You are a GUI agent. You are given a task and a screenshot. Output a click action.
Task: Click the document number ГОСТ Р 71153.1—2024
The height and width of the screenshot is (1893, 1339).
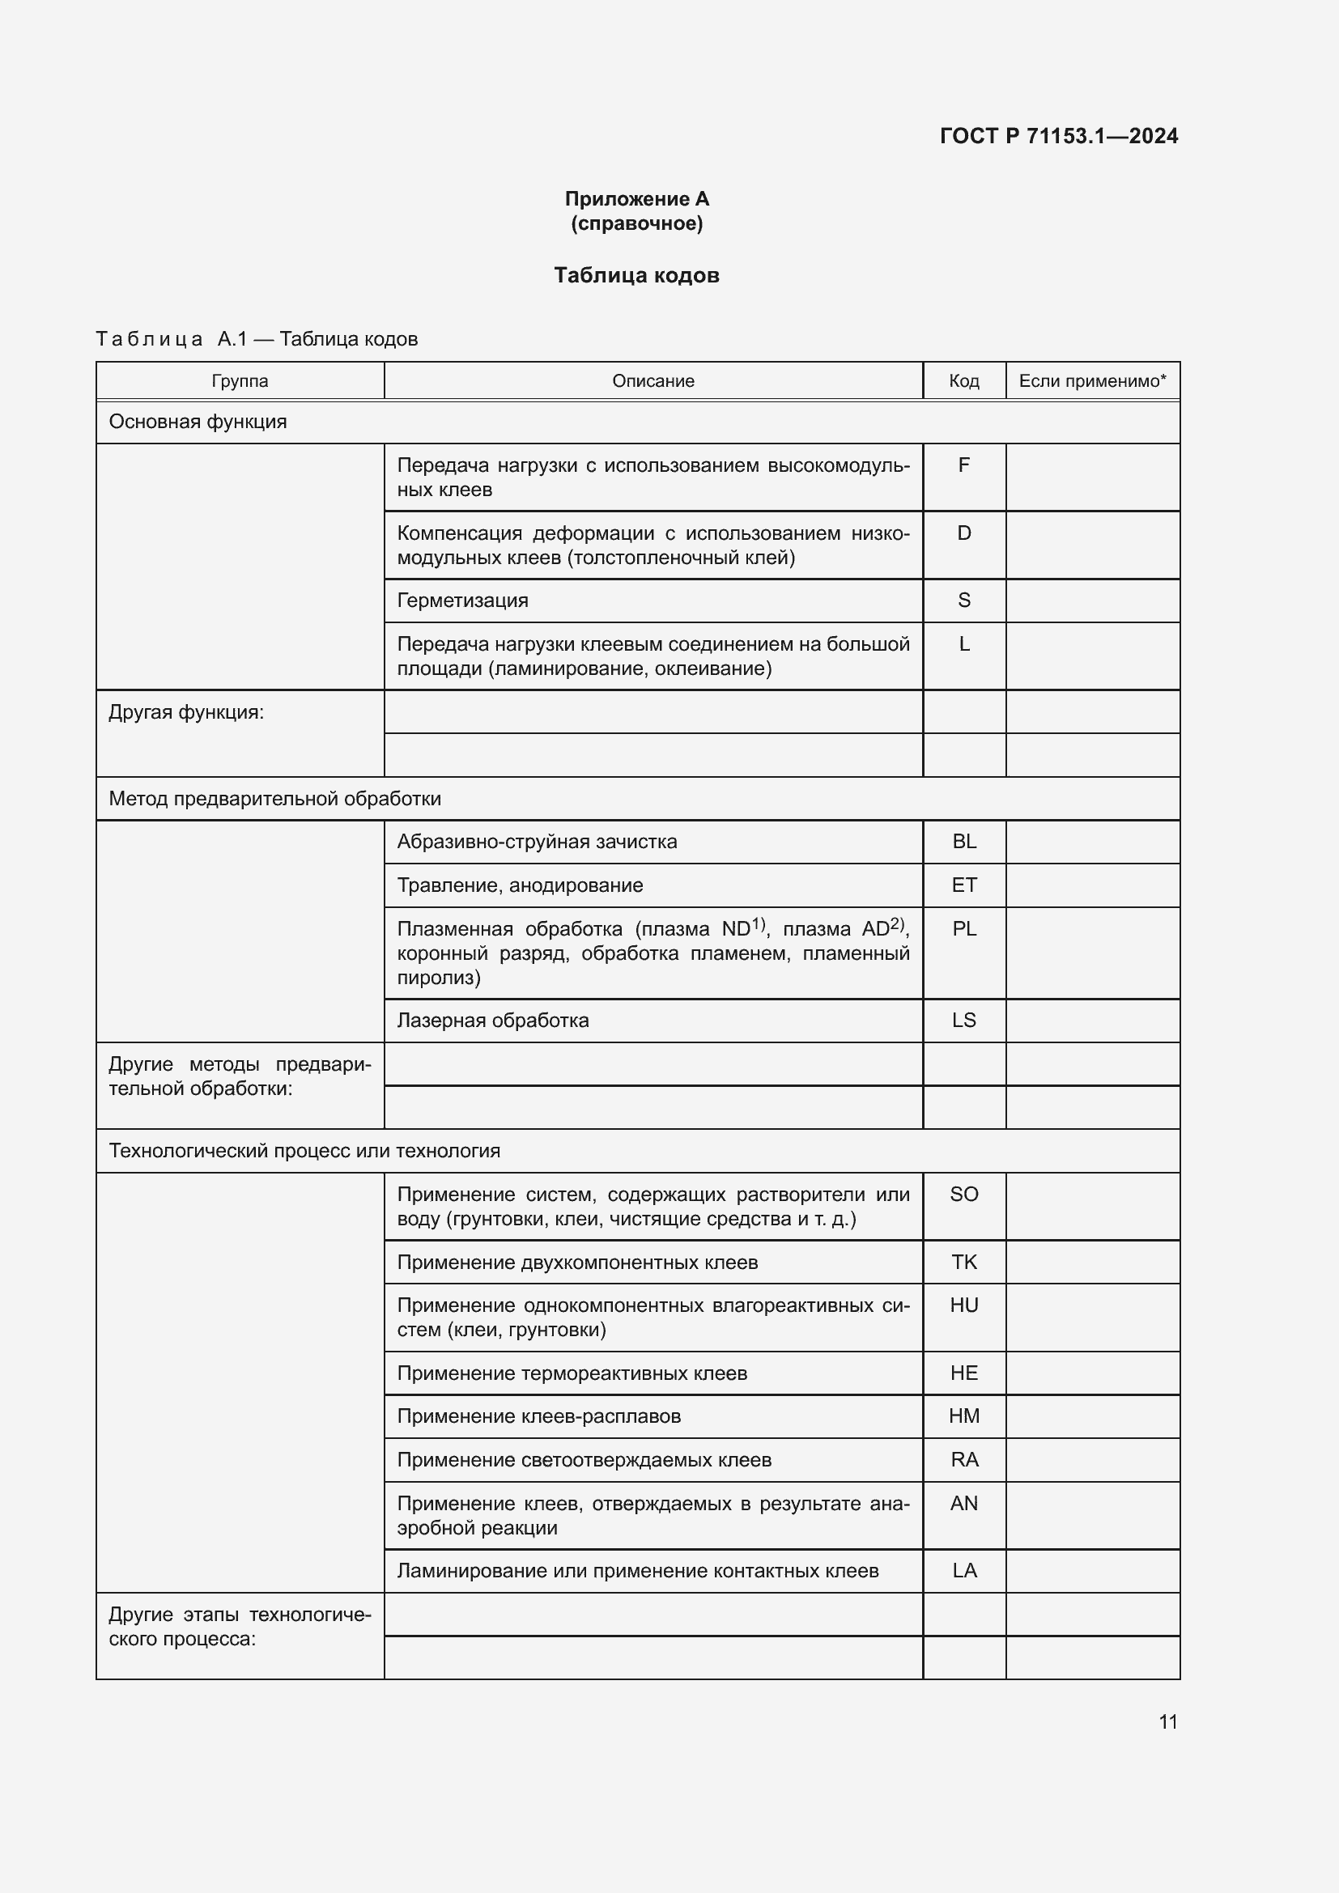pos(1059,136)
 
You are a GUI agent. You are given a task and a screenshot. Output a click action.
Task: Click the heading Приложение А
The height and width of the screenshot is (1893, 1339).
pos(636,199)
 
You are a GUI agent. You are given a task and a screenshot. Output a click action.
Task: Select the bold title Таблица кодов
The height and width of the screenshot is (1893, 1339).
pos(636,275)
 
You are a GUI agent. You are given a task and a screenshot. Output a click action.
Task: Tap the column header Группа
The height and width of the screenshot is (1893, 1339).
pos(240,381)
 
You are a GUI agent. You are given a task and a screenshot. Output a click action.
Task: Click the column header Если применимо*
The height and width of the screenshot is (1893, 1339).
pos(1091,381)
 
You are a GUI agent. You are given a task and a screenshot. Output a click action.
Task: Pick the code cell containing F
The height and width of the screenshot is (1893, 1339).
pos(963,466)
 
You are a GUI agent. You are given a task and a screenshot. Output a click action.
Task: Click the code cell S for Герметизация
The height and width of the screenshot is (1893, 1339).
pos(963,601)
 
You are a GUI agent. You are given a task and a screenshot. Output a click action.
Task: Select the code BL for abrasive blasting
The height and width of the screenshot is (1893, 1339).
pos(963,842)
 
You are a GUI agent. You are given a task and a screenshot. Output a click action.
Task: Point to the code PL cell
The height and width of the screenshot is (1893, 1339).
pos(963,929)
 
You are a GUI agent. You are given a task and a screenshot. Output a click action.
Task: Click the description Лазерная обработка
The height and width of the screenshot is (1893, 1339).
pos(493,1021)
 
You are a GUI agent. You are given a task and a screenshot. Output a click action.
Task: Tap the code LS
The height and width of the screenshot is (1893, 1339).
pos(963,1021)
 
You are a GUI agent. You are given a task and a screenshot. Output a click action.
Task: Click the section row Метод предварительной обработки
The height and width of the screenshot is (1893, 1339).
pos(274,799)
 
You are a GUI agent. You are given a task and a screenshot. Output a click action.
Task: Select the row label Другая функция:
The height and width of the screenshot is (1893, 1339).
pos(186,712)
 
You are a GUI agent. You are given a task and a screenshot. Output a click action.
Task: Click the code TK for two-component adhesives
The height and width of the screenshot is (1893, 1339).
pos(963,1263)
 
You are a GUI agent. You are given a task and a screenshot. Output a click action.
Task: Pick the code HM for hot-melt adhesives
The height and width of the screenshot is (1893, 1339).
pos(963,1416)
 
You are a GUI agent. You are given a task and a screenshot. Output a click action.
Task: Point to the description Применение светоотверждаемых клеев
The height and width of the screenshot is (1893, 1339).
pos(584,1460)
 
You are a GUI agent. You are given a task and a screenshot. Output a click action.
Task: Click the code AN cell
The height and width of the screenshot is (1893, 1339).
pos(963,1504)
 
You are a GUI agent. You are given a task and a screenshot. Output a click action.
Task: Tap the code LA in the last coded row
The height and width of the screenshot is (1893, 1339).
pos(963,1571)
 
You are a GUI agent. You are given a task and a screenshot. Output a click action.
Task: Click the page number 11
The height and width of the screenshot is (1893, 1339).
pos(1167,1721)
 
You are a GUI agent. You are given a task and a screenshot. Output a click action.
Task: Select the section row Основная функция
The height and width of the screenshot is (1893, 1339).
pos(198,422)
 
